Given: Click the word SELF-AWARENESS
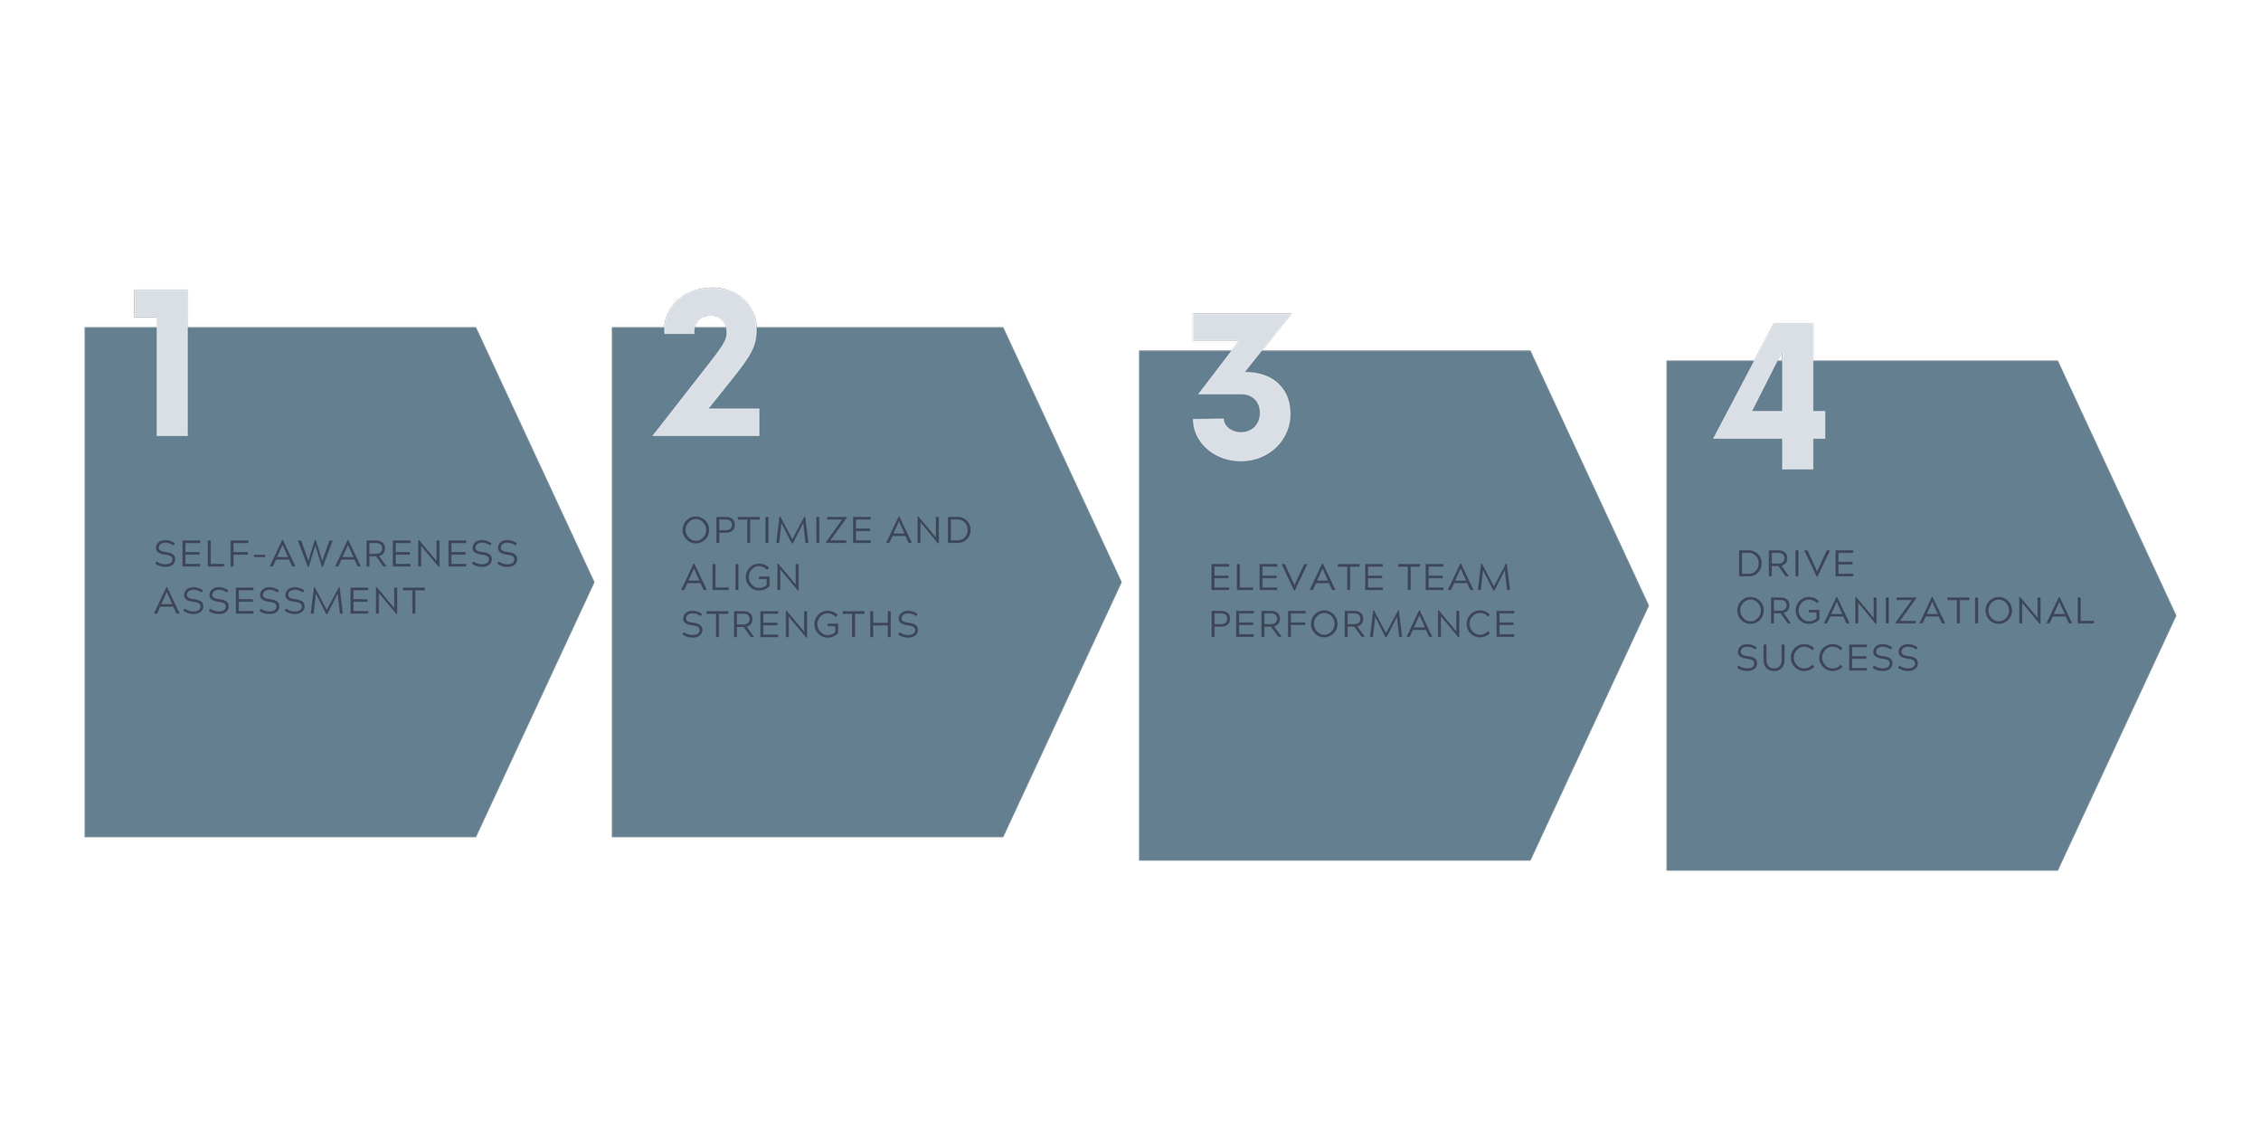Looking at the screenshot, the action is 336,554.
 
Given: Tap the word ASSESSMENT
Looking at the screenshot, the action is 289,601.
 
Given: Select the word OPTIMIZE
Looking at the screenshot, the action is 777,530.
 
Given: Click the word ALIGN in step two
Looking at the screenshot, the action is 742,577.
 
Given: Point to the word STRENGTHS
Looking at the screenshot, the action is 800,624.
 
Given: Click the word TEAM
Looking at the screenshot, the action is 1455,577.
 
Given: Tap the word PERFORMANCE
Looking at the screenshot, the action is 1362,624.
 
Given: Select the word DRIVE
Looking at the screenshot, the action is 1795,564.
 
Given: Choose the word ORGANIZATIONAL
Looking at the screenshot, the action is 1915,611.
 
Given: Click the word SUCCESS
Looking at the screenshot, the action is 1827,658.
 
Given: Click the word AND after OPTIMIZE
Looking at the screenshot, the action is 929,530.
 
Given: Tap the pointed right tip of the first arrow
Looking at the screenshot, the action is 593,583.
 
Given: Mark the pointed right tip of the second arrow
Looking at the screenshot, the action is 1121,583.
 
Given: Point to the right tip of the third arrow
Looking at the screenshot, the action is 1648,606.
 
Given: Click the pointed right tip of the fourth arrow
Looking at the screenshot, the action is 2175,616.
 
